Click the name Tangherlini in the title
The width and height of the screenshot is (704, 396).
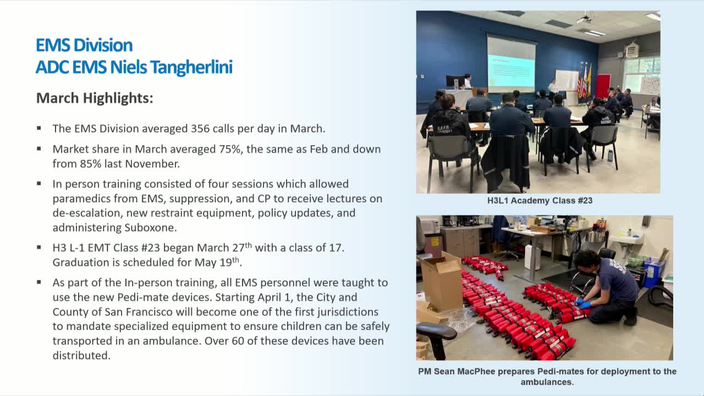pos(191,68)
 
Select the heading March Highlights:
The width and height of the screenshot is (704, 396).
pos(95,98)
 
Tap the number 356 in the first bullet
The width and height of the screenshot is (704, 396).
pos(200,129)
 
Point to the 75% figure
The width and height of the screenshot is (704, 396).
pos(231,149)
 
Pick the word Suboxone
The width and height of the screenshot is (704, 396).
pos(151,228)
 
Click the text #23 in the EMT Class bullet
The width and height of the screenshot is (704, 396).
pos(151,248)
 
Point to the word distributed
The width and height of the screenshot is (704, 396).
pos(81,356)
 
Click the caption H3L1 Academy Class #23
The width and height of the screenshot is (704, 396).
pos(540,201)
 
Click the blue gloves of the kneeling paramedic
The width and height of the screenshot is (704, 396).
pos(582,304)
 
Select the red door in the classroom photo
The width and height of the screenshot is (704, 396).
pos(603,86)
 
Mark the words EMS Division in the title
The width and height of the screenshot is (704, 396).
pos(84,45)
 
